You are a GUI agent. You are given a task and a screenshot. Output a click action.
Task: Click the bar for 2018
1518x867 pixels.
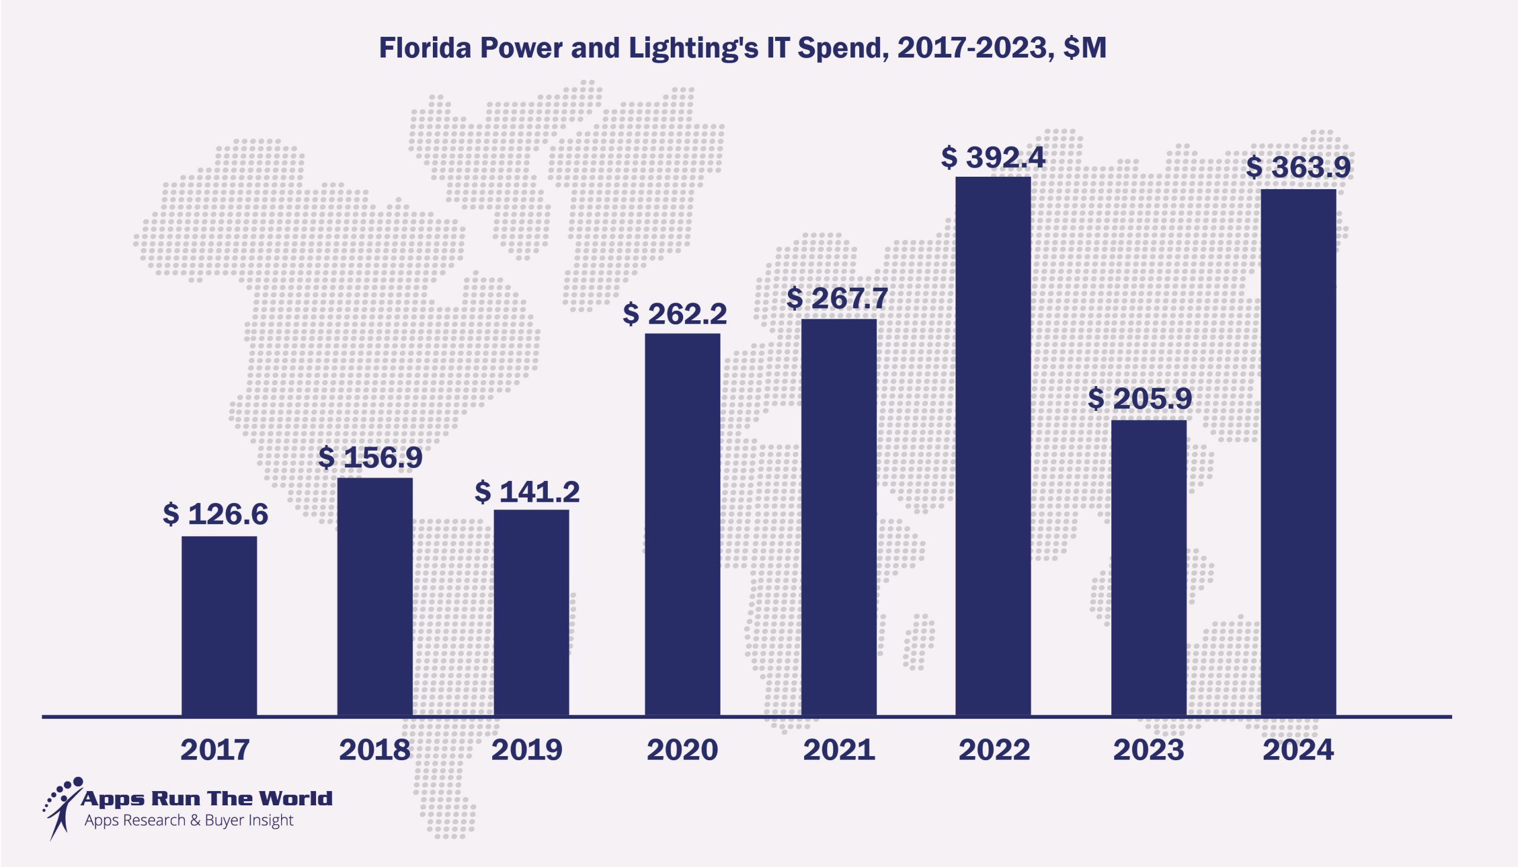[x=374, y=596]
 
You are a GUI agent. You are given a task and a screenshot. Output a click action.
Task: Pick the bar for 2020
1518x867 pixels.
[x=682, y=524]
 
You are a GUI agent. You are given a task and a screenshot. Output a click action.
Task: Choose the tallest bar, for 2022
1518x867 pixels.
[x=993, y=445]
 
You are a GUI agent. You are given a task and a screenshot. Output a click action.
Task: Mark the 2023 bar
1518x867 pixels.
[x=1149, y=568]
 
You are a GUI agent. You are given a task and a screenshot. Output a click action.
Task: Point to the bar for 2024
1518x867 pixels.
[x=1299, y=452]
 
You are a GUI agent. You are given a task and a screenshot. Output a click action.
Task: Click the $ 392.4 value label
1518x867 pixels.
[x=993, y=158]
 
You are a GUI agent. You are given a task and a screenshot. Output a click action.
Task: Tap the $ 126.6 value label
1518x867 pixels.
[x=215, y=515]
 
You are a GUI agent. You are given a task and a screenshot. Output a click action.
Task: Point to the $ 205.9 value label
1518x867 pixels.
[x=1140, y=400]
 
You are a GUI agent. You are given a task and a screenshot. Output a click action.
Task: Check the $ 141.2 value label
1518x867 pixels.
[x=527, y=492]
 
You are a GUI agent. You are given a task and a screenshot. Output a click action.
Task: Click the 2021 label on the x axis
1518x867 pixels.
[x=839, y=750]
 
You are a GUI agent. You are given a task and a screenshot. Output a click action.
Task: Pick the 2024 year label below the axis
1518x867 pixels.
[x=1299, y=750]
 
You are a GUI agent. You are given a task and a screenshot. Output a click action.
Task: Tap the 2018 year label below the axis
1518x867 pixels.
[x=374, y=750]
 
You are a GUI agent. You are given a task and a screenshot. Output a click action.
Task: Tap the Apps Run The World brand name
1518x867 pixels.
[x=206, y=798]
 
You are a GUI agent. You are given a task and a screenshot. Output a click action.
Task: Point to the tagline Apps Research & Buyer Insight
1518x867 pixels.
[x=189, y=821]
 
